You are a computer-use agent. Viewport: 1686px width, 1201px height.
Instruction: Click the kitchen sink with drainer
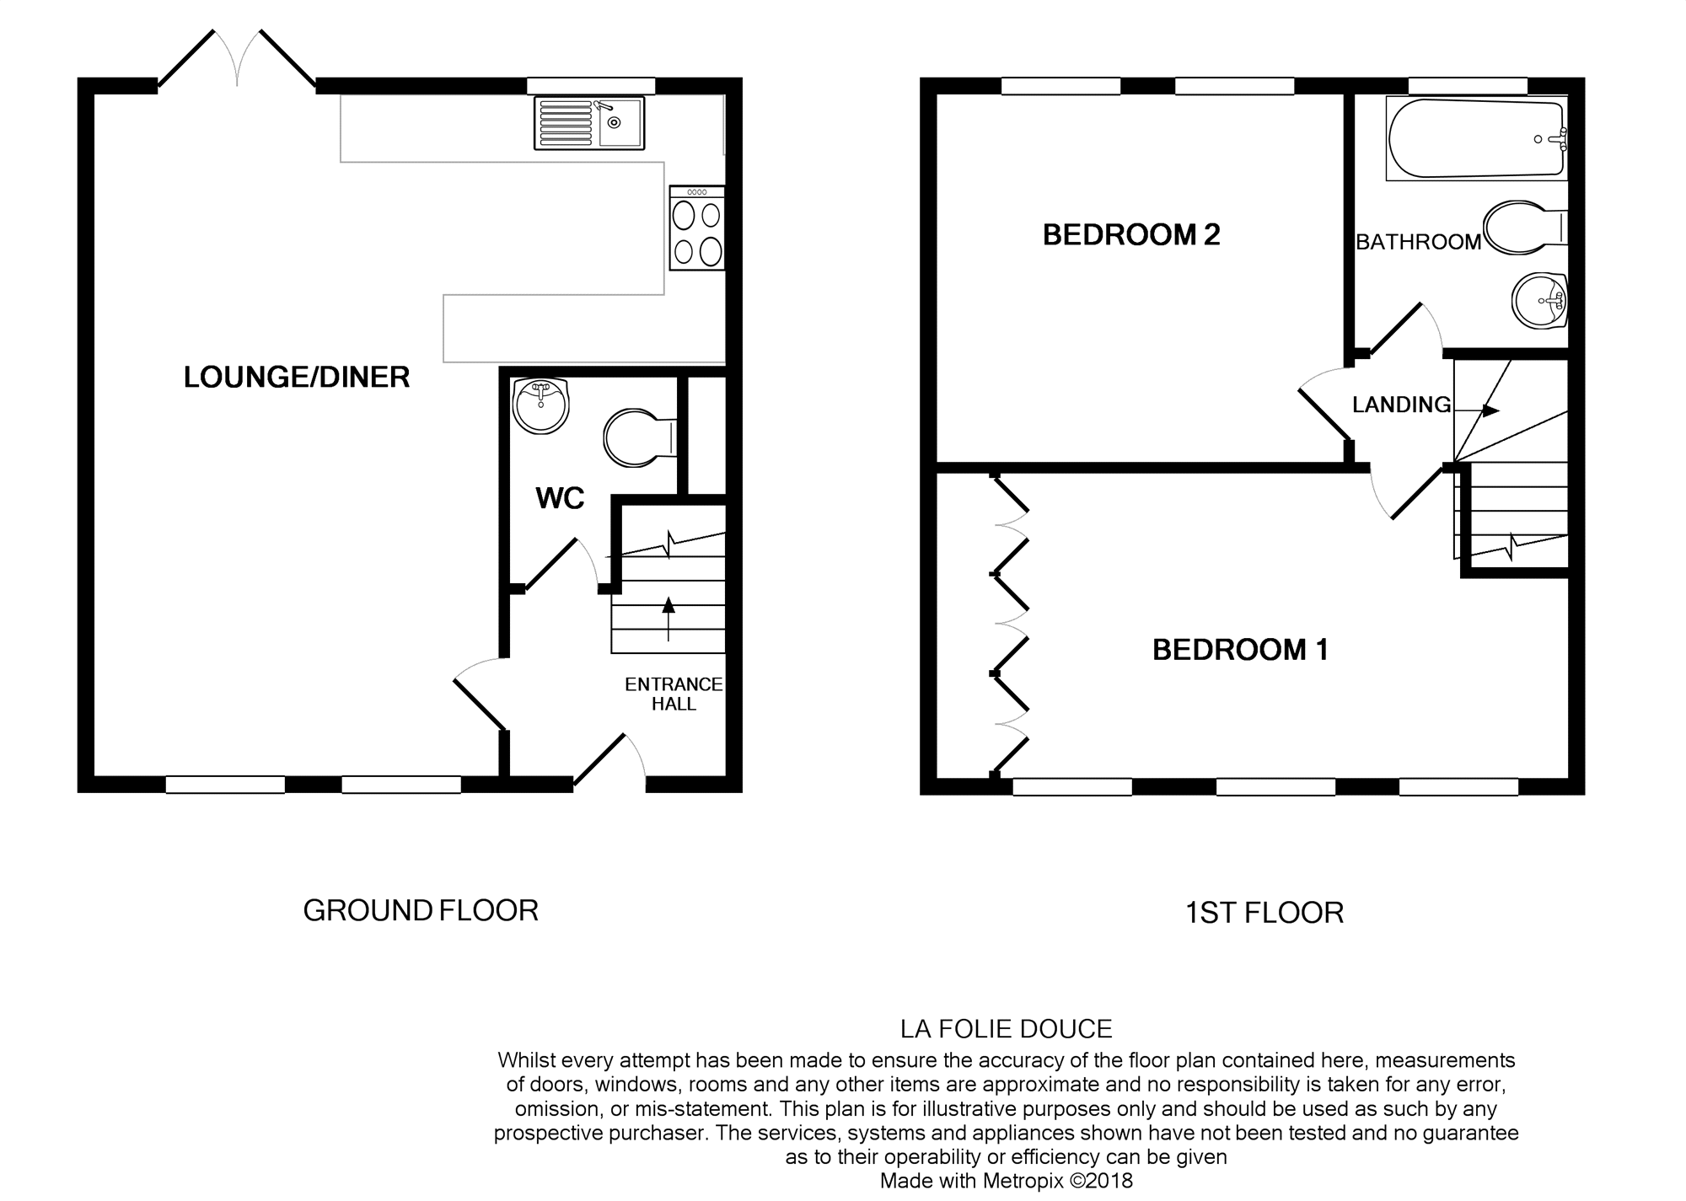[x=588, y=123]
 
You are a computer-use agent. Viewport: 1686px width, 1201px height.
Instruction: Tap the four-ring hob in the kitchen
[x=696, y=228]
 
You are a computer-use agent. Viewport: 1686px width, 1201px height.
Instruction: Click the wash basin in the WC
[x=540, y=405]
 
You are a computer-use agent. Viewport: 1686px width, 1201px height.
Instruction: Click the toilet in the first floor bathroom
[x=1522, y=228]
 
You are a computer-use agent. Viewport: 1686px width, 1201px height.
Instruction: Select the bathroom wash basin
[x=1539, y=300]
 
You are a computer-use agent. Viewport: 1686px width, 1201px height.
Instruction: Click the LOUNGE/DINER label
[x=297, y=377]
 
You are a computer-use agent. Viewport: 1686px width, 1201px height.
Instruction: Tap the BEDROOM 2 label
[x=1131, y=234]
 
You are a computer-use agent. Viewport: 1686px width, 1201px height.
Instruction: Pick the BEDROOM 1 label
[x=1240, y=650]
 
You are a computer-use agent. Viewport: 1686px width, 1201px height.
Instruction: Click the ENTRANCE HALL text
[x=674, y=694]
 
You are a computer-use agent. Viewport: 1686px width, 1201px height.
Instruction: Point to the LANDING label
[x=1401, y=405]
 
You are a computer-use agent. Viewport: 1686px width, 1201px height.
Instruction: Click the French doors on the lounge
[x=238, y=59]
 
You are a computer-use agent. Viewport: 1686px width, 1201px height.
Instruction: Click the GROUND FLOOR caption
[x=420, y=910]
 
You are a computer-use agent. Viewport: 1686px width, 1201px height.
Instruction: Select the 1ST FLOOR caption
[x=1264, y=913]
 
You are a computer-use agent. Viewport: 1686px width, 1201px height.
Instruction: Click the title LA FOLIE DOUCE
[x=1006, y=1029]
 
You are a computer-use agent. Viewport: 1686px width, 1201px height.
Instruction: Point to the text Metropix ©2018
[x=1058, y=1181]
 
